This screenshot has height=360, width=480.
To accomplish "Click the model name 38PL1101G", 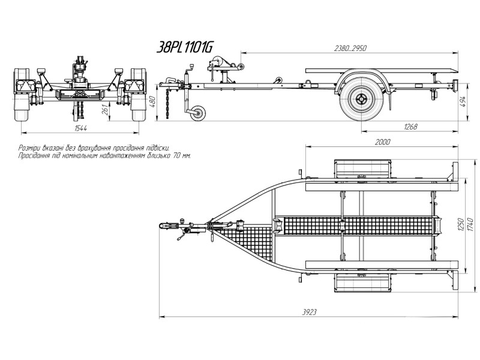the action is (185, 48).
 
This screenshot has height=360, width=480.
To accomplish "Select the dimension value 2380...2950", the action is (350, 49).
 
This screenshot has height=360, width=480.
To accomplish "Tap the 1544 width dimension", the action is (81, 128).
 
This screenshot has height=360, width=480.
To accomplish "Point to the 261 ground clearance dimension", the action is (105, 109).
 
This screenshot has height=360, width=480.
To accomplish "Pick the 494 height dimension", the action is (463, 102).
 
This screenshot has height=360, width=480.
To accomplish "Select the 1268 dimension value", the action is (410, 127).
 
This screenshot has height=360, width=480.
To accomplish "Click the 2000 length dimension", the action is (382, 142).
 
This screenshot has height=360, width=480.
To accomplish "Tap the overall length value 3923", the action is (309, 312).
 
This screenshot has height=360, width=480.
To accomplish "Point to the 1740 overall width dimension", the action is (471, 224).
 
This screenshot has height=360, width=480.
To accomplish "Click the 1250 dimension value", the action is (461, 224).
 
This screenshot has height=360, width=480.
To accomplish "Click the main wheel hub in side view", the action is (361, 99).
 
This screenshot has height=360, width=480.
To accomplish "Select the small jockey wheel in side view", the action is (198, 113).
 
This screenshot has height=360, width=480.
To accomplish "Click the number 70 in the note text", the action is (176, 155).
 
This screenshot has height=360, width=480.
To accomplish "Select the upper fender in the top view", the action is (362, 169).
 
